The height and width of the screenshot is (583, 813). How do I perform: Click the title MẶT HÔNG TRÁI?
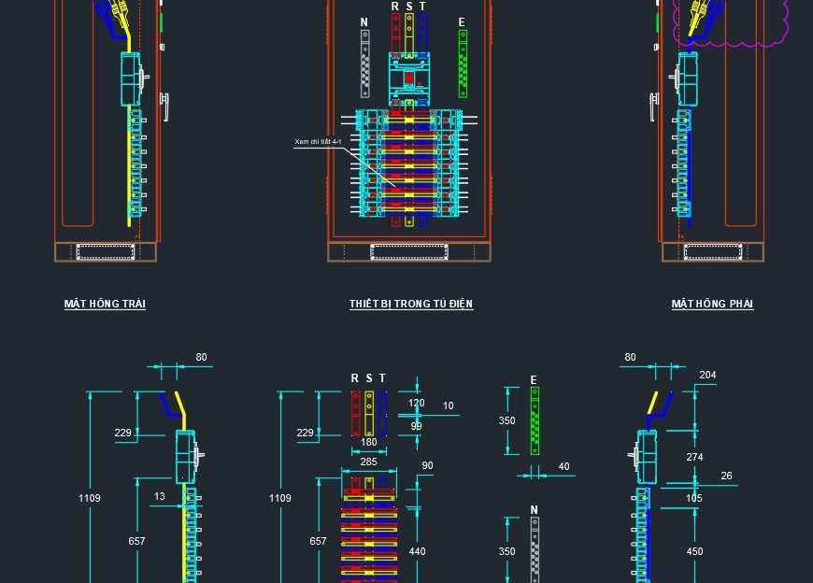click(105, 304)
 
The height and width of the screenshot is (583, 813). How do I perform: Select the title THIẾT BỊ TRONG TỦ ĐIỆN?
click(411, 304)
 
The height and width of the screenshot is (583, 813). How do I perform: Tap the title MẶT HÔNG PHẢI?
click(712, 304)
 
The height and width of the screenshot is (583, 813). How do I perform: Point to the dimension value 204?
click(707, 376)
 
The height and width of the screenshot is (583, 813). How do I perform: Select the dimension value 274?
click(694, 457)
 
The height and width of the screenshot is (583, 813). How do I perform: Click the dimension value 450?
click(694, 551)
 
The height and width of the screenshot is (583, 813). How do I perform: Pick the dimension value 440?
click(417, 551)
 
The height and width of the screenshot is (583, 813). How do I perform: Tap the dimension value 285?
click(369, 462)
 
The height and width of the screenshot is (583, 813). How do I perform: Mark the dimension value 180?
click(369, 443)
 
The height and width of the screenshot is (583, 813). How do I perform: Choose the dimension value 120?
click(417, 404)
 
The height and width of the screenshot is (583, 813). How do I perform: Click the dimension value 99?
click(417, 426)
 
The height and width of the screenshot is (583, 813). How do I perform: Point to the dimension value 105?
click(694, 498)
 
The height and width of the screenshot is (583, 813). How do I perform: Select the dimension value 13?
click(160, 496)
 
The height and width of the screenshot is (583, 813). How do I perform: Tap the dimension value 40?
click(563, 466)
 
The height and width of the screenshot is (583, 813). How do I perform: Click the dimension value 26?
click(727, 476)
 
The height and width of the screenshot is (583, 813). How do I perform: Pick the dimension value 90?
click(427, 465)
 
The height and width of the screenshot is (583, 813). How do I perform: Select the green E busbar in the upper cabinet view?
click(463, 64)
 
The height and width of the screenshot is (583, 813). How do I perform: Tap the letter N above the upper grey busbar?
click(364, 22)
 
